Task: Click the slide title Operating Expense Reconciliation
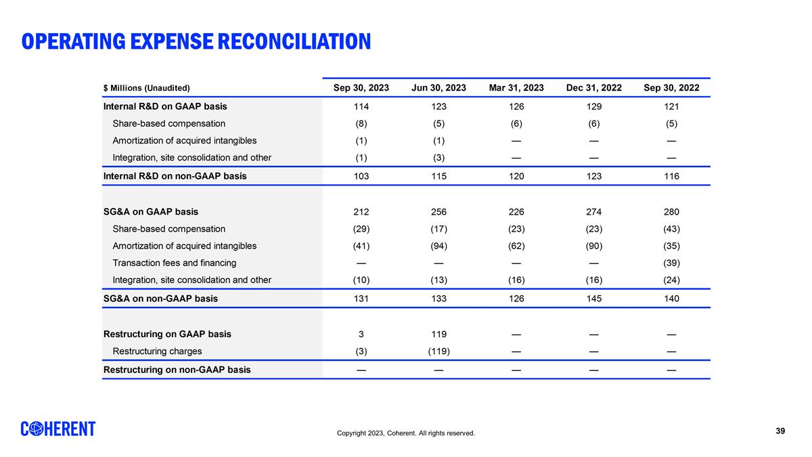(x=196, y=42)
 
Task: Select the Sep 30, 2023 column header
(x=361, y=88)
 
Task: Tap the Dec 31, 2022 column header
(x=593, y=88)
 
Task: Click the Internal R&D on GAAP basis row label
(x=164, y=106)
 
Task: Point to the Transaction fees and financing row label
(x=174, y=263)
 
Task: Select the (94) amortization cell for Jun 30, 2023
(x=438, y=246)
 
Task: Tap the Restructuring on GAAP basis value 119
(x=438, y=334)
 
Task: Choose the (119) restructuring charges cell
(x=438, y=351)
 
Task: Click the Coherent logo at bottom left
(x=58, y=429)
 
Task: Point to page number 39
(x=780, y=431)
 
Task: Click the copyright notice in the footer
(x=406, y=433)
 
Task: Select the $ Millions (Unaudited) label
(x=146, y=88)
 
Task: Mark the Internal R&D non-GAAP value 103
(x=361, y=176)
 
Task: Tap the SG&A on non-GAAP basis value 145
(x=593, y=299)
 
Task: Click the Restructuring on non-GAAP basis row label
(x=176, y=370)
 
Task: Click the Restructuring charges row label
(x=156, y=351)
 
